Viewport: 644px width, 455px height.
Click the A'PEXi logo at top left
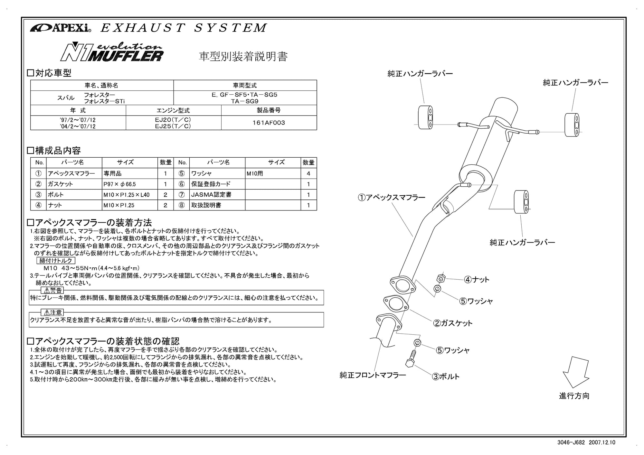(61, 28)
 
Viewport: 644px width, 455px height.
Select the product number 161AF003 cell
(269, 123)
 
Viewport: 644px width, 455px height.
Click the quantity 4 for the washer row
(308, 173)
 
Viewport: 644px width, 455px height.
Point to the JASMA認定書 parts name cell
(211, 195)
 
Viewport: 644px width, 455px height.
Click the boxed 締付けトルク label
(56, 261)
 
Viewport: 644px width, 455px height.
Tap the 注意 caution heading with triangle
(52, 312)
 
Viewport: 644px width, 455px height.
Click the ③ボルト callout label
(446, 376)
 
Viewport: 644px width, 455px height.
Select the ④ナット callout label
(477, 280)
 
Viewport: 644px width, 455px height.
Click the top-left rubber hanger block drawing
(425, 117)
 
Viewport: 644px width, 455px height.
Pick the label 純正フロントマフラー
(373, 375)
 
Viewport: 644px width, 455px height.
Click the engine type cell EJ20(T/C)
(173, 119)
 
